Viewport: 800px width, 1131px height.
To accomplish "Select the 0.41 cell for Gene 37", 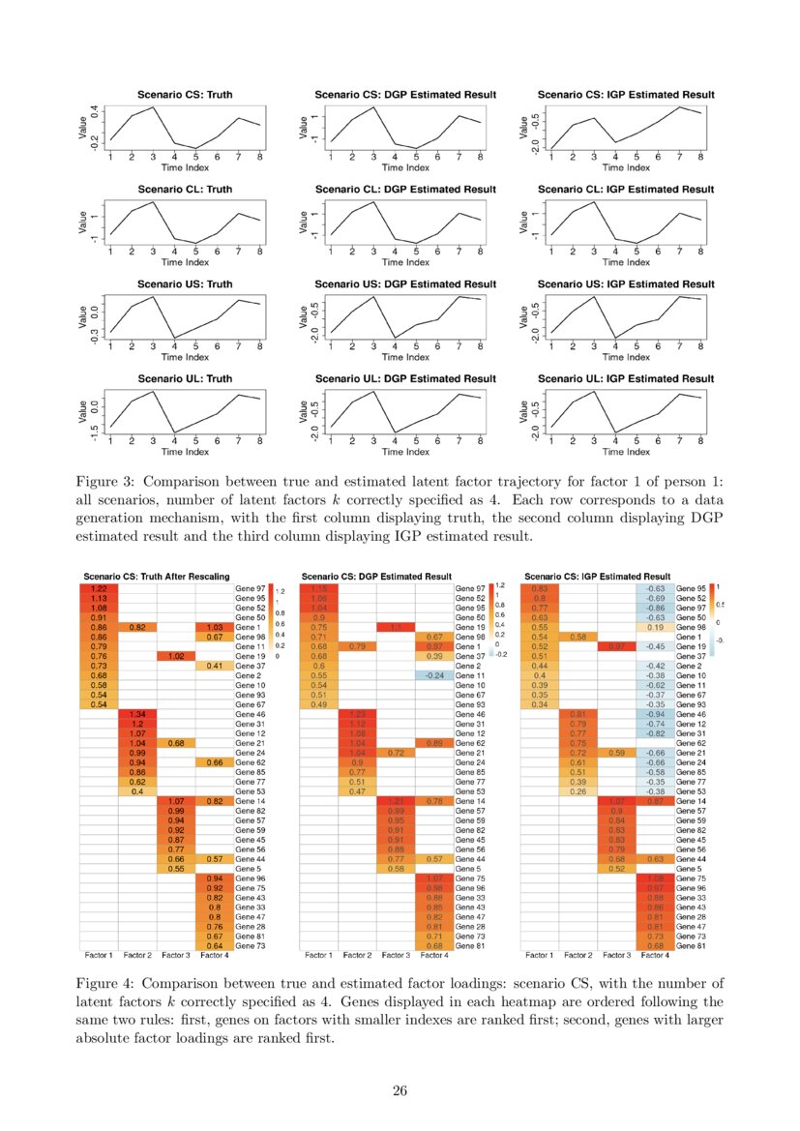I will point(214,666).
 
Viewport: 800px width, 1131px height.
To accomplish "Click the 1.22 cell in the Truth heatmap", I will point(99,587).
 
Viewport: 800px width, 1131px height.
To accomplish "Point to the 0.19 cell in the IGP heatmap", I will point(655,627).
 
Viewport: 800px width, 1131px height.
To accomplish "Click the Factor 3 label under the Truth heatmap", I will point(175,955).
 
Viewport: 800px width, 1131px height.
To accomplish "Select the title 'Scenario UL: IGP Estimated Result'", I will point(626,376).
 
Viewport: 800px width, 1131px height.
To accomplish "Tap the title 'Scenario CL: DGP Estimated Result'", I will point(405,188).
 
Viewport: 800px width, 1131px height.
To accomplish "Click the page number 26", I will point(400,1090).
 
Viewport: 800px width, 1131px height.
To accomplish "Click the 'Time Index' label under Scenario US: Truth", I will point(185,356).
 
